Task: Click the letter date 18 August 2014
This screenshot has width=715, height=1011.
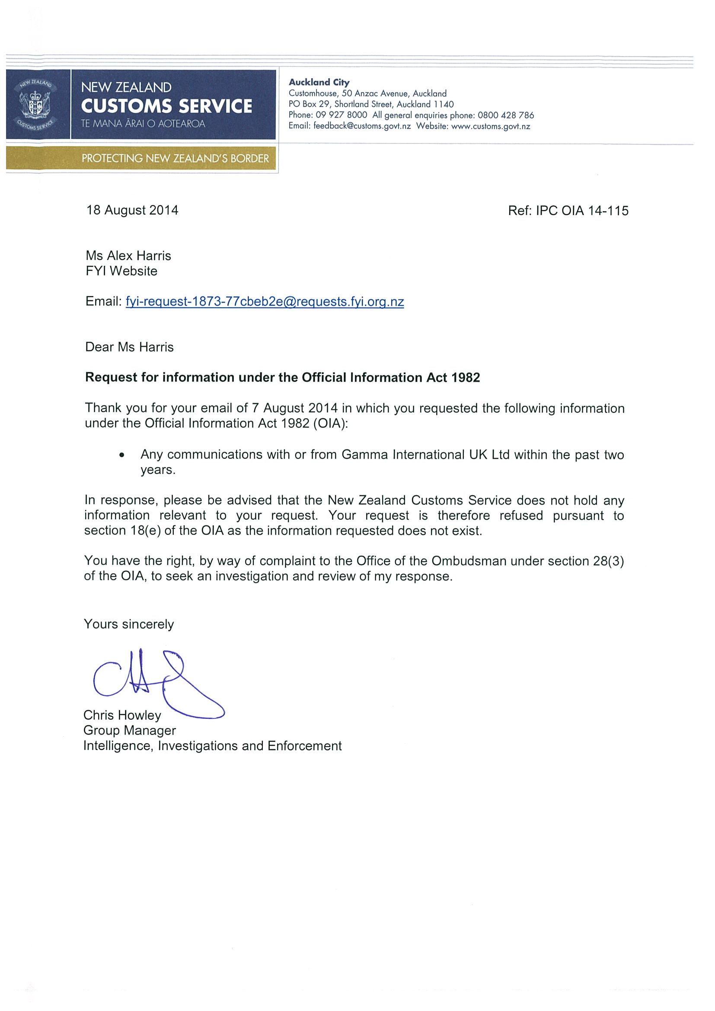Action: pyautogui.click(x=132, y=210)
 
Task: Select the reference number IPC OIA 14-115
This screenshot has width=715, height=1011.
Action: pyautogui.click(x=582, y=211)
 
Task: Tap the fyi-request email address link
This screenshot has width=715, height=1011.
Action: pyautogui.click(x=265, y=302)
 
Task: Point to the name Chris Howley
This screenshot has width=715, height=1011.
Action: pyautogui.click(x=122, y=715)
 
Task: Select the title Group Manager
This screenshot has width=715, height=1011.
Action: pyautogui.click(x=130, y=731)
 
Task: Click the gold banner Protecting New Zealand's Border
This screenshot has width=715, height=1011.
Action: pyautogui.click(x=175, y=159)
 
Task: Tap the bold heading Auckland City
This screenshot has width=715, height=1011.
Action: pyautogui.click(x=319, y=83)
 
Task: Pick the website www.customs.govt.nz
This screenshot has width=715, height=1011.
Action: pyautogui.click(x=490, y=126)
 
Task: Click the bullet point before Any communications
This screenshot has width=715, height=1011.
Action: pyautogui.click(x=122, y=455)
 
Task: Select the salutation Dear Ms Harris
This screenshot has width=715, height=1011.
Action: pyautogui.click(x=130, y=347)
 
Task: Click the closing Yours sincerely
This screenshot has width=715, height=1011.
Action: pyautogui.click(x=129, y=624)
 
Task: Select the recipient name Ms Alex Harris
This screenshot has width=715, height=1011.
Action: pyautogui.click(x=128, y=256)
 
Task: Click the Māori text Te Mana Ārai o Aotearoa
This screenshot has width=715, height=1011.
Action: pyautogui.click(x=143, y=124)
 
